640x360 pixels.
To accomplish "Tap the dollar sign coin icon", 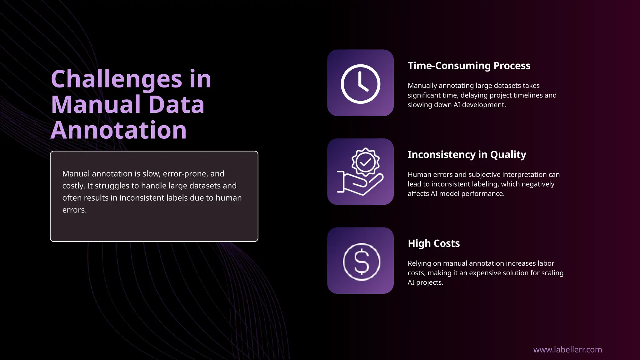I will coord(361,262).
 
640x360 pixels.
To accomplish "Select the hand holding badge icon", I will coord(360,172).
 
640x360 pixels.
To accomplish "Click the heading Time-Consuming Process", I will coord(469,66).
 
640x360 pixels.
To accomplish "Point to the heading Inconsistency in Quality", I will coord(467,154).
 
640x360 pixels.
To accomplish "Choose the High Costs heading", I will coord(433,243).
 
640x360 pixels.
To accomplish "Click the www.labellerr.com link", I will coord(567,349).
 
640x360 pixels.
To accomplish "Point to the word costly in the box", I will coord(73,186).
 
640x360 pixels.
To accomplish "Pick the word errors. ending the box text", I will coord(74,210).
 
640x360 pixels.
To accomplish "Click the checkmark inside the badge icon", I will coord(365,162).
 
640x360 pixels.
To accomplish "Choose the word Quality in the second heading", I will coord(508,154).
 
